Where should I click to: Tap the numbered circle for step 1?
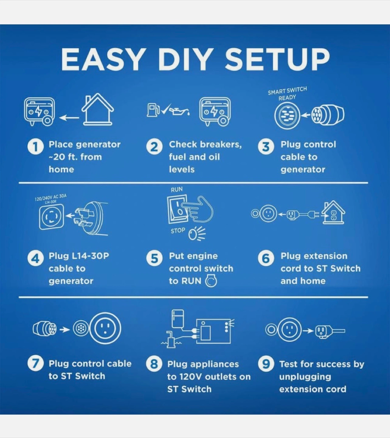36,147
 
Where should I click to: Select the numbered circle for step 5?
154,258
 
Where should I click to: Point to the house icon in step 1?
98,109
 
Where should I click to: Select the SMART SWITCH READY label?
287,94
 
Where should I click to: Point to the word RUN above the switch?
177,189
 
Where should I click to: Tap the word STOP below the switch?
178,231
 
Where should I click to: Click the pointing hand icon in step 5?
197,209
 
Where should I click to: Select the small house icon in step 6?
333,212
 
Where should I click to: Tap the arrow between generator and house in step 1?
69,118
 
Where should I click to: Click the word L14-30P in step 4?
90,256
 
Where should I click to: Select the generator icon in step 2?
215,111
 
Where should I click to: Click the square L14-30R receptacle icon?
51,217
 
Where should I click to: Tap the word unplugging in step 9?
305,377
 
